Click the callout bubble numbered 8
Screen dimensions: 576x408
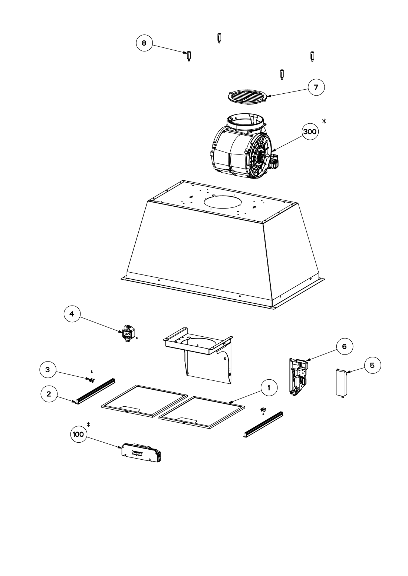[144, 43]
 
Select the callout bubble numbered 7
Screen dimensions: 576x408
[316, 87]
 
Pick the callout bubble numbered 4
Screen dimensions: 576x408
[72, 314]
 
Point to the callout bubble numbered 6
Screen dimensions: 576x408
[344, 346]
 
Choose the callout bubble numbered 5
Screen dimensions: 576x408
[372, 365]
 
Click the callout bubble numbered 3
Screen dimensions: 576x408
[48, 370]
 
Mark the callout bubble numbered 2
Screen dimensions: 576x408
[49, 394]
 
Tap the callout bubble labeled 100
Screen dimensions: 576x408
[78, 435]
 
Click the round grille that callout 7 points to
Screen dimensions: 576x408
[247, 97]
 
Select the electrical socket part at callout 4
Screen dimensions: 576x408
[127, 334]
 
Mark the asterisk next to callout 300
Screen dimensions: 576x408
[325, 121]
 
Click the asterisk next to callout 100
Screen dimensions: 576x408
[88, 424]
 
